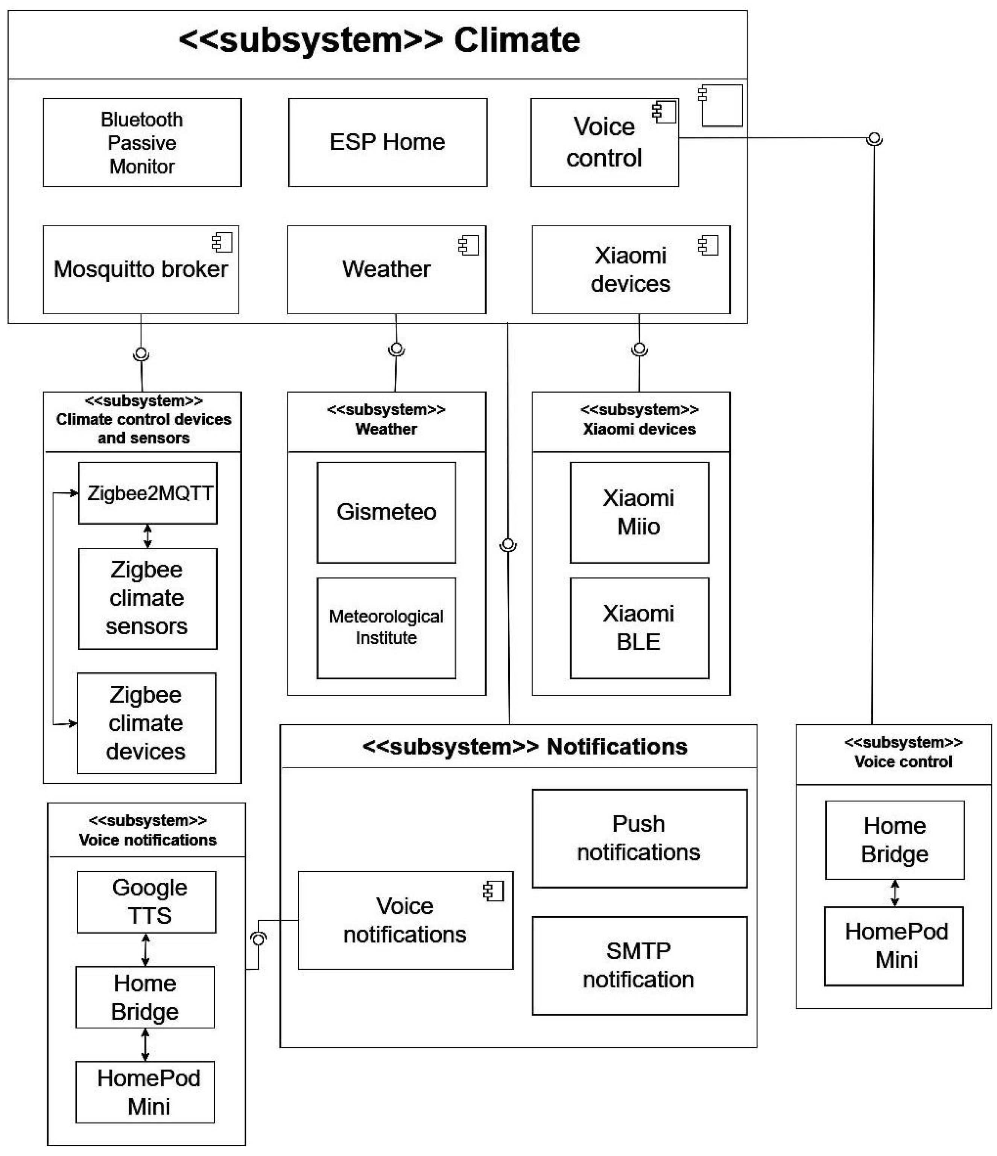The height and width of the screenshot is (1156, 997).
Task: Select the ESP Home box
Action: pyautogui.click(x=387, y=142)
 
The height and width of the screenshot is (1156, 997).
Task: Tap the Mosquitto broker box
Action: pyautogui.click(x=140, y=270)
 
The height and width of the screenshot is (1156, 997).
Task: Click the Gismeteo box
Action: pyautogui.click(x=386, y=512)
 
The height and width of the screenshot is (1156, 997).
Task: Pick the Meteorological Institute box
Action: pyautogui.click(x=386, y=627)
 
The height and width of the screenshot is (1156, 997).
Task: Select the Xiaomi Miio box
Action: pyautogui.click(x=638, y=512)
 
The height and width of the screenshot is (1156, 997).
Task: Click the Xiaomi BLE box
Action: pyautogui.click(x=638, y=627)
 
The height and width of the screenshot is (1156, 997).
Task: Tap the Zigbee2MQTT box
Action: pyautogui.click(x=148, y=493)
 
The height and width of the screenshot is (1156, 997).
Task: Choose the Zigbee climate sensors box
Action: pyautogui.click(x=147, y=598)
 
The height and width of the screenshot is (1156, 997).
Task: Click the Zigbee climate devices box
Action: pyautogui.click(x=146, y=723)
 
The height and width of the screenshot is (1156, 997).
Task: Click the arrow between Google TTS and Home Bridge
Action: pyautogui.click(x=146, y=950)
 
